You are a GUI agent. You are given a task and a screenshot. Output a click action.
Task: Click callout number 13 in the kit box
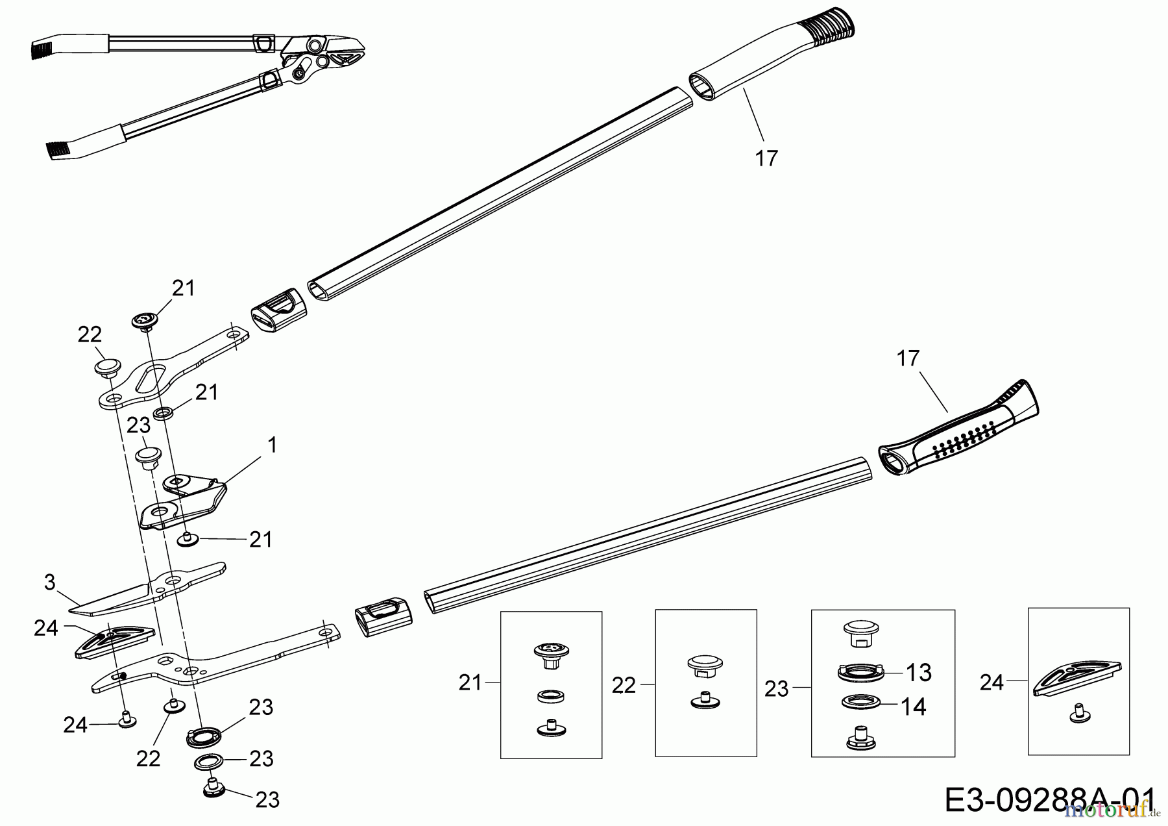coord(919,673)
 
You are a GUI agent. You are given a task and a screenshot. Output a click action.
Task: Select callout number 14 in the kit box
coord(913,706)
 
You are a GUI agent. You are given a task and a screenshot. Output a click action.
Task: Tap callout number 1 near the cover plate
coord(273,445)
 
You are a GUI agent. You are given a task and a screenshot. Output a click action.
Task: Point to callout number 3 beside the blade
coord(50,582)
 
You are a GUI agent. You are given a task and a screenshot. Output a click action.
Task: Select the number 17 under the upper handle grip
coord(766,158)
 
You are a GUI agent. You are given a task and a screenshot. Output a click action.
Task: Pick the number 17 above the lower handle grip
coord(908,358)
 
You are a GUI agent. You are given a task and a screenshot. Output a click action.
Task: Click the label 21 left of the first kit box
coord(470,682)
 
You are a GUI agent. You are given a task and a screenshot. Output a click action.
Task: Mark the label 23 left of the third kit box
coord(777,688)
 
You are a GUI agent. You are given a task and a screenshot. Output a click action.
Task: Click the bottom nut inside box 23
coord(859,738)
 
